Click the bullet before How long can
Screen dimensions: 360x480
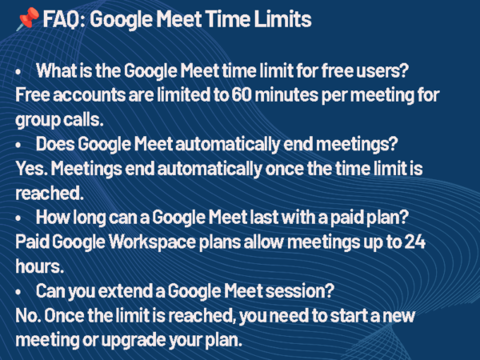(19, 216)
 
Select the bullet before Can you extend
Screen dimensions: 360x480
(19, 290)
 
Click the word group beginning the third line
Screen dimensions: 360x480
(36, 118)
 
